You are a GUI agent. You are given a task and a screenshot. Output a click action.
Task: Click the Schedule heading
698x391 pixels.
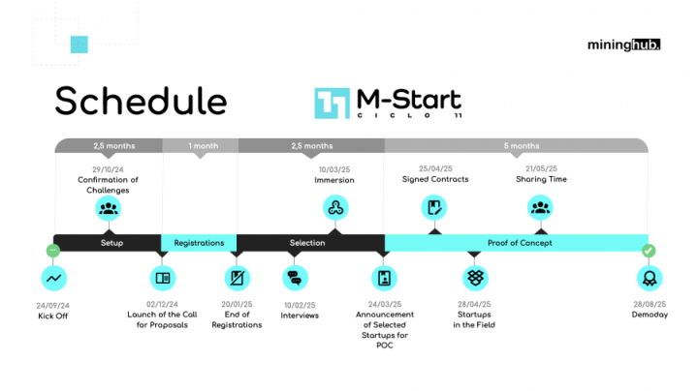[141, 101]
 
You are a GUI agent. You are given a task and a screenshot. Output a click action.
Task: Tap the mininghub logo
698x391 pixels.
[623, 44]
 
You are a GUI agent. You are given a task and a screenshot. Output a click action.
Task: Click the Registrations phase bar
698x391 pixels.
[199, 242]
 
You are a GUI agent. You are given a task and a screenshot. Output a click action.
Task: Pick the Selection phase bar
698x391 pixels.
[307, 242]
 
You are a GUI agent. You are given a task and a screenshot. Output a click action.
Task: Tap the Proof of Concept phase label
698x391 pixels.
[520, 242]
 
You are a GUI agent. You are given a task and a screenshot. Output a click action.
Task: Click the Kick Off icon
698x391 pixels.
[54, 279]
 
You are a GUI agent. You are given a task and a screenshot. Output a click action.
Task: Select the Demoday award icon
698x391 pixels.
[648, 279]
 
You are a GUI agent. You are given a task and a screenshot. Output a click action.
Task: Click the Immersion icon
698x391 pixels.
[334, 207]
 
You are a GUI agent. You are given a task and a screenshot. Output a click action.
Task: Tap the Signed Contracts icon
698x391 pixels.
[434, 207]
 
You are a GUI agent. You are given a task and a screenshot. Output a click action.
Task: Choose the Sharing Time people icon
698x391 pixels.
[540, 207]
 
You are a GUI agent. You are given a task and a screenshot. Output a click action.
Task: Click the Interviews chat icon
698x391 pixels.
[295, 279]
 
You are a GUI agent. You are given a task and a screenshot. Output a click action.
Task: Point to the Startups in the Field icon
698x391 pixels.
[474, 279]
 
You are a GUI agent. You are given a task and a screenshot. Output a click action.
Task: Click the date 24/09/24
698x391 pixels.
[54, 305]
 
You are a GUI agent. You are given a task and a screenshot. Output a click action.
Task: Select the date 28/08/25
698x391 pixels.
[648, 305]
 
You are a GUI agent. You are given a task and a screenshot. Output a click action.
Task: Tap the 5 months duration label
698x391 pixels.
[522, 146]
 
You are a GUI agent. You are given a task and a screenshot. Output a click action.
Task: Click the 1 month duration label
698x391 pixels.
[204, 146]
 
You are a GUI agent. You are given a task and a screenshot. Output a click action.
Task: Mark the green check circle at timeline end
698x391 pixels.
[648, 251]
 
